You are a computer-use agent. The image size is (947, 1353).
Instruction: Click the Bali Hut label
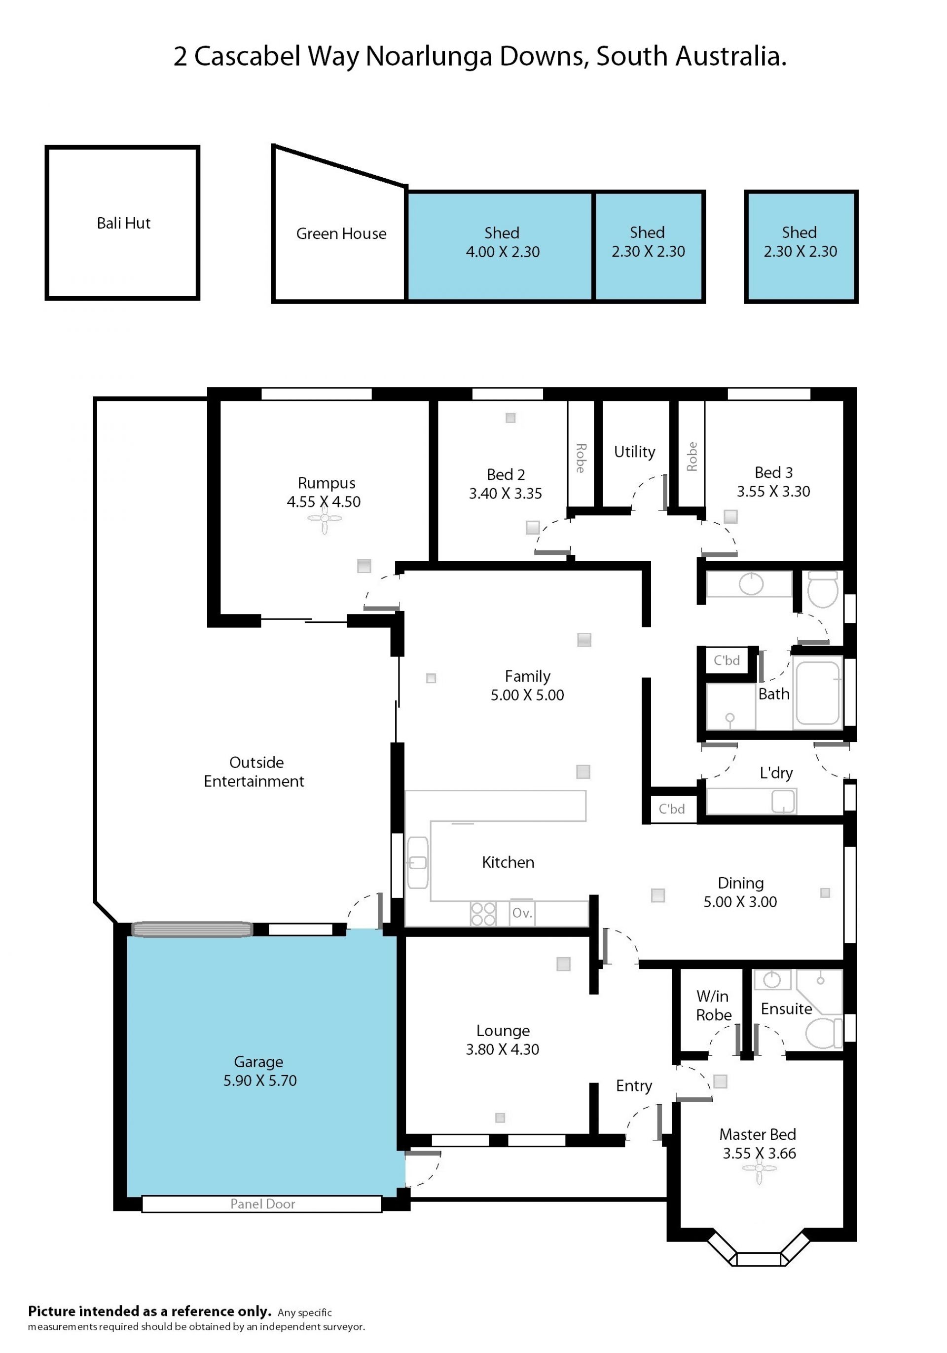click(123, 223)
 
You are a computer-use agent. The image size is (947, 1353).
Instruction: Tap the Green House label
click(341, 234)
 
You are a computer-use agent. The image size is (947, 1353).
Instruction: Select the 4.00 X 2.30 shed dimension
click(503, 252)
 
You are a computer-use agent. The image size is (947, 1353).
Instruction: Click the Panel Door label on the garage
click(263, 1204)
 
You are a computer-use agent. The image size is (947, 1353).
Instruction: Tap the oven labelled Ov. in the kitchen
click(522, 913)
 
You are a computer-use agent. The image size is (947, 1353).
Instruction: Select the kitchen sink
click(418, 863)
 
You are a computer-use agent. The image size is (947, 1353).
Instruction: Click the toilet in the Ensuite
click(823, 1034)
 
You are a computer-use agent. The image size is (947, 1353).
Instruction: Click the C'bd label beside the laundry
click(671, 809)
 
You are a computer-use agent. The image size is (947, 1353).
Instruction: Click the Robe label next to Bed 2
click(581, 459)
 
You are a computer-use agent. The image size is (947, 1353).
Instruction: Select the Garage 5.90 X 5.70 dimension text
click(260, 1081)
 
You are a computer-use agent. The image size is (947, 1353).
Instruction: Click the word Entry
click(634, 1086)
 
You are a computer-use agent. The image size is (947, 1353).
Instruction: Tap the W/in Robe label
click(713, 1005)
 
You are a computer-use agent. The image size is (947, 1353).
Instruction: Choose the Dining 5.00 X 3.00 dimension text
click(740, 902)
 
